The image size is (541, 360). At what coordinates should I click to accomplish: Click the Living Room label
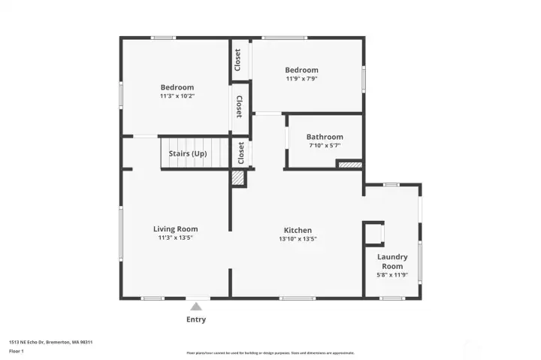[176, 229]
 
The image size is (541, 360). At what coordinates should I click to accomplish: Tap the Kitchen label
[298, 230]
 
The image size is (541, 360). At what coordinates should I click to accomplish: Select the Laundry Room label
[392, 262]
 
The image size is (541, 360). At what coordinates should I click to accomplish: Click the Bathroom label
[325, 137]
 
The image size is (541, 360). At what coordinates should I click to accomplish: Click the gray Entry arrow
[196, 306]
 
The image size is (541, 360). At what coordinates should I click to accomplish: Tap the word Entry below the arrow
[196, 319]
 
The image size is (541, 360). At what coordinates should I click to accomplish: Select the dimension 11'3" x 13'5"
[176, 238]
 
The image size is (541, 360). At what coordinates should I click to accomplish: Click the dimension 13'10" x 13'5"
[298, 239]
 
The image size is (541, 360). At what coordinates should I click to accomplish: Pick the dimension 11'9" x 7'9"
[301, 79]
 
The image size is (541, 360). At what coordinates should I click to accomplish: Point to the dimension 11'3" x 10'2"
[177, 95]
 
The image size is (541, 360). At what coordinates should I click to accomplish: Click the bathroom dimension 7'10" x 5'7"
[325, 146]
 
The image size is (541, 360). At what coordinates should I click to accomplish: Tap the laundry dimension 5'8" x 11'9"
[392, 275]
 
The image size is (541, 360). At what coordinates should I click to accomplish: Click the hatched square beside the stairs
[237, 178]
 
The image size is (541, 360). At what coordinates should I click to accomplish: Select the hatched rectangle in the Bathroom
[349, 164]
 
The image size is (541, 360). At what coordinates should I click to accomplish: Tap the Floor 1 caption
[17, 351]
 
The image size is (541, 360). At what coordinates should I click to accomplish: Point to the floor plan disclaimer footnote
[270, 352]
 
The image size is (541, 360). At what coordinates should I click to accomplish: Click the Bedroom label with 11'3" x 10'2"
[177, 87]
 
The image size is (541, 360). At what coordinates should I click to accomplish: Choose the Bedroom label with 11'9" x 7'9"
[301, 70]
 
